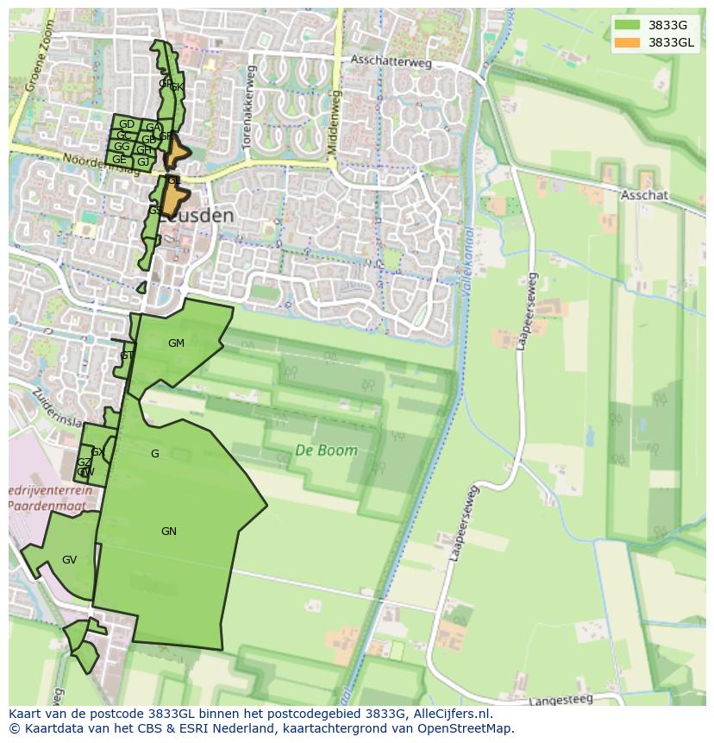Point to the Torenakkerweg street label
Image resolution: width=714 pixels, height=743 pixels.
tap(251, 108)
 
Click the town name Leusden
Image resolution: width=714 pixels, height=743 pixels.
tap(197, 216)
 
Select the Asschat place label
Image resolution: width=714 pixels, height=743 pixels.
tap(643, 195)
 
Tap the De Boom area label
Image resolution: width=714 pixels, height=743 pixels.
tap(326, 450)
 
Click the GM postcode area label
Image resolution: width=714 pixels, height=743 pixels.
tap(176, 343)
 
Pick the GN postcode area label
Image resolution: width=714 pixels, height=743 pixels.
tap(169, 532)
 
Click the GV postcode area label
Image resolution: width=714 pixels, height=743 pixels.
tap(69, 560)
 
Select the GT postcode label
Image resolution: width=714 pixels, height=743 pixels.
tap(127, 356)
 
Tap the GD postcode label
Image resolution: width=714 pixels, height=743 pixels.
tap(126, 124)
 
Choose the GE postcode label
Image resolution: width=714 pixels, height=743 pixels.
tap(119, 160)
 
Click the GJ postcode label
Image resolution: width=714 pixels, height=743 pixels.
tap(142, 161)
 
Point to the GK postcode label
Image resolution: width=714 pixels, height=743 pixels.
tap(176, 87)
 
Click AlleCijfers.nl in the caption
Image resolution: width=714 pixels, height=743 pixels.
tap(448, 715)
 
